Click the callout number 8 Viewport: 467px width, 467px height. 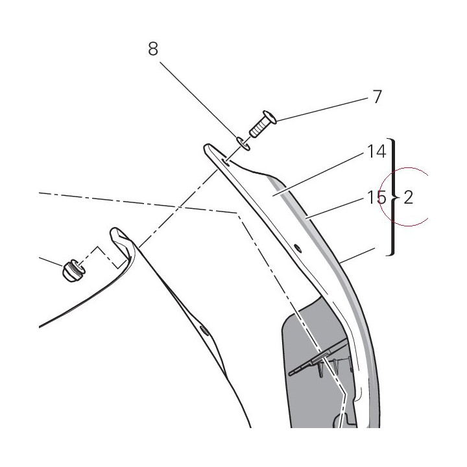pyautogui.click(x=153, y=49)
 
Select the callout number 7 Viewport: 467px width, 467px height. pyautogui.click(x=377, y=97)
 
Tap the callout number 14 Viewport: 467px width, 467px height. pyautogui.click(x=377, y=151)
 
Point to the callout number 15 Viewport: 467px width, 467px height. pyautogui.click(x=377, y=197)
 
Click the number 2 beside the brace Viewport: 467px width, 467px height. pyautogui.click(x=409, y=197)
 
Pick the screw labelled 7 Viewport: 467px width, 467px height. pyautogui.click(x=263, y=124)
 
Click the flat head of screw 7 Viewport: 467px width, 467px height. pyautogui.click(x=270, y=117)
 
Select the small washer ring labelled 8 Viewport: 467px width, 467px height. pyautogui.click(x=243, y=143)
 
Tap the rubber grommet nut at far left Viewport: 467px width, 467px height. pyautogui.click(x=73, y=270)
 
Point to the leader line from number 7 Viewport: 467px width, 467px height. pyautogui.click(x=322, y=109)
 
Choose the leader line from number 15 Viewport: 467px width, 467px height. pyautogui.click(x=336, y=209)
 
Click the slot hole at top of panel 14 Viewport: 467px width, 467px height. pyautogui.click(x=226, y=162)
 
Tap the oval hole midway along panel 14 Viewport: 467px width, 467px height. pyautogui.click(x=298, y=248)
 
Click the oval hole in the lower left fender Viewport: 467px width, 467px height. pyautogui.click(x=205, y=331)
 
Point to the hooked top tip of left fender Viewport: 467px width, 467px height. pyautogui.click(x=115, y=231)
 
